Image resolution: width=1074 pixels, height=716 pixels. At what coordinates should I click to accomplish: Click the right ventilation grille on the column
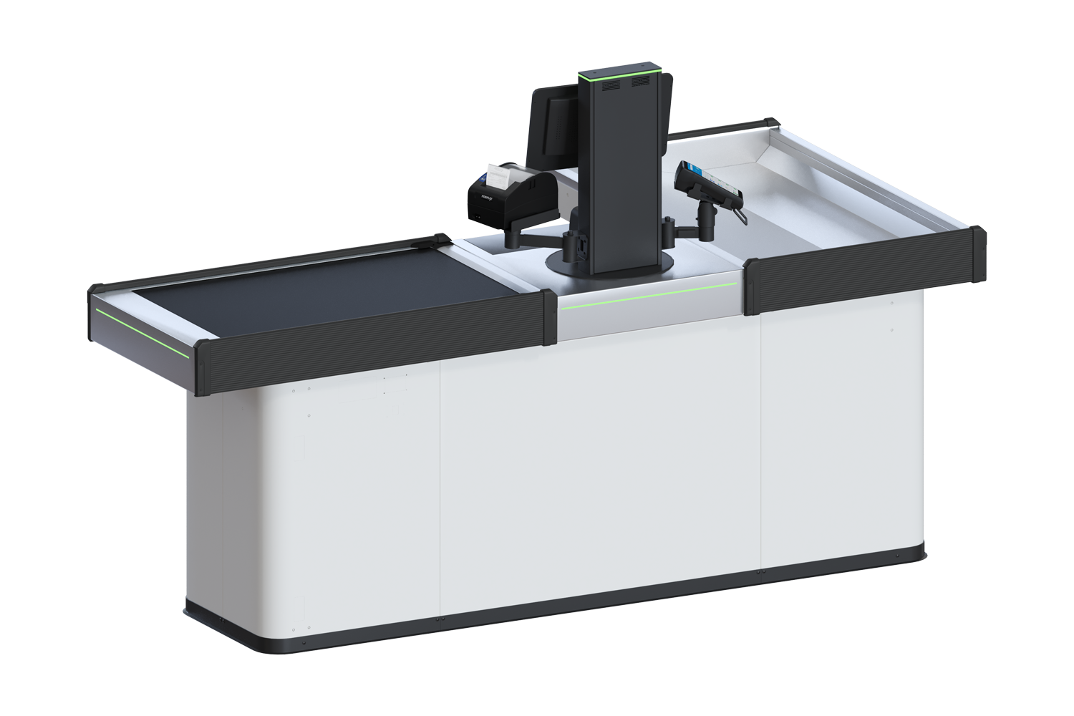pyautogui.click(x=642, y=84)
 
